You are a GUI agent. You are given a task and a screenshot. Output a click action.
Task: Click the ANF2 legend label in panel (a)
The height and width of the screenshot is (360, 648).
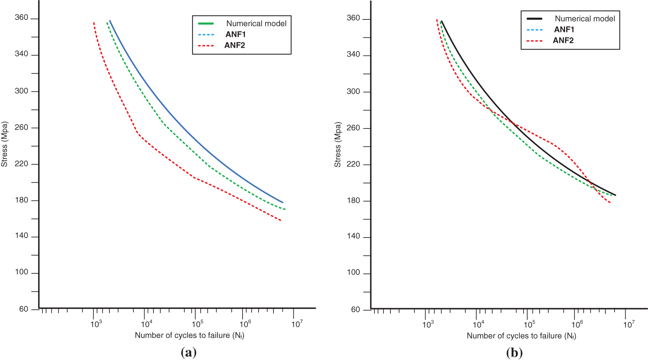tap(235, 45)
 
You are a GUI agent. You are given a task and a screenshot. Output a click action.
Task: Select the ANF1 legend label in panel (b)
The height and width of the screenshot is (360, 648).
tap(564, 29)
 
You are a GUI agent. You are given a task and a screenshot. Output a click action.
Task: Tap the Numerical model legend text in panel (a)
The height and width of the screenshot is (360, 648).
tap(256, 23)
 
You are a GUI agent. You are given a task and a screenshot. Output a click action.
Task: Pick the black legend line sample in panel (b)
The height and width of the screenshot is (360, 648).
tap(535, 19)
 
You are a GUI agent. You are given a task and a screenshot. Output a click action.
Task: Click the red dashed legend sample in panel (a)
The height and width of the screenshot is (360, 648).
tap(206, 46)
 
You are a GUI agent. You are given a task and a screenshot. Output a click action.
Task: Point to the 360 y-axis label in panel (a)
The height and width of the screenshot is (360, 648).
tap(21, 18)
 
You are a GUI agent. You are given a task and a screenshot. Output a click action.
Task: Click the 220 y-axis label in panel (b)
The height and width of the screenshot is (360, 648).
tap(353, 164)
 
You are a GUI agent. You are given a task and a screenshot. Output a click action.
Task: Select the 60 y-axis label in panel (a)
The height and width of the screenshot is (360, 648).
tap(23, 309)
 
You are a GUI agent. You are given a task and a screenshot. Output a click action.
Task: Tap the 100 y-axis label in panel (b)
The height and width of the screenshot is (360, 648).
tap(353, 273)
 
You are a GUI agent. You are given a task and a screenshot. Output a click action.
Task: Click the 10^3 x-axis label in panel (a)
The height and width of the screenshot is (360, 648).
tap(96, 324)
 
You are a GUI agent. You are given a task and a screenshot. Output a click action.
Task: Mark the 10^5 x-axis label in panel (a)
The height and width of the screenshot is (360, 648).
tap(197, 324)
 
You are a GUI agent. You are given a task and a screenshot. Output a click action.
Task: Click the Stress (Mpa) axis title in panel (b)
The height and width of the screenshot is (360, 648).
tap(338, 145)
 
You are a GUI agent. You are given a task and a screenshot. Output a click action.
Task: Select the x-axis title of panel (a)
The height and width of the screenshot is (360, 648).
tap(189, 335)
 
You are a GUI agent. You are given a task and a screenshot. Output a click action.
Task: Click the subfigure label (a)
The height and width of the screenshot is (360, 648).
tap(188, 352)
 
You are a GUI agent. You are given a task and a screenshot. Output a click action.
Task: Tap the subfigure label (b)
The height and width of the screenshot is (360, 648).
tap(514, 353)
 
